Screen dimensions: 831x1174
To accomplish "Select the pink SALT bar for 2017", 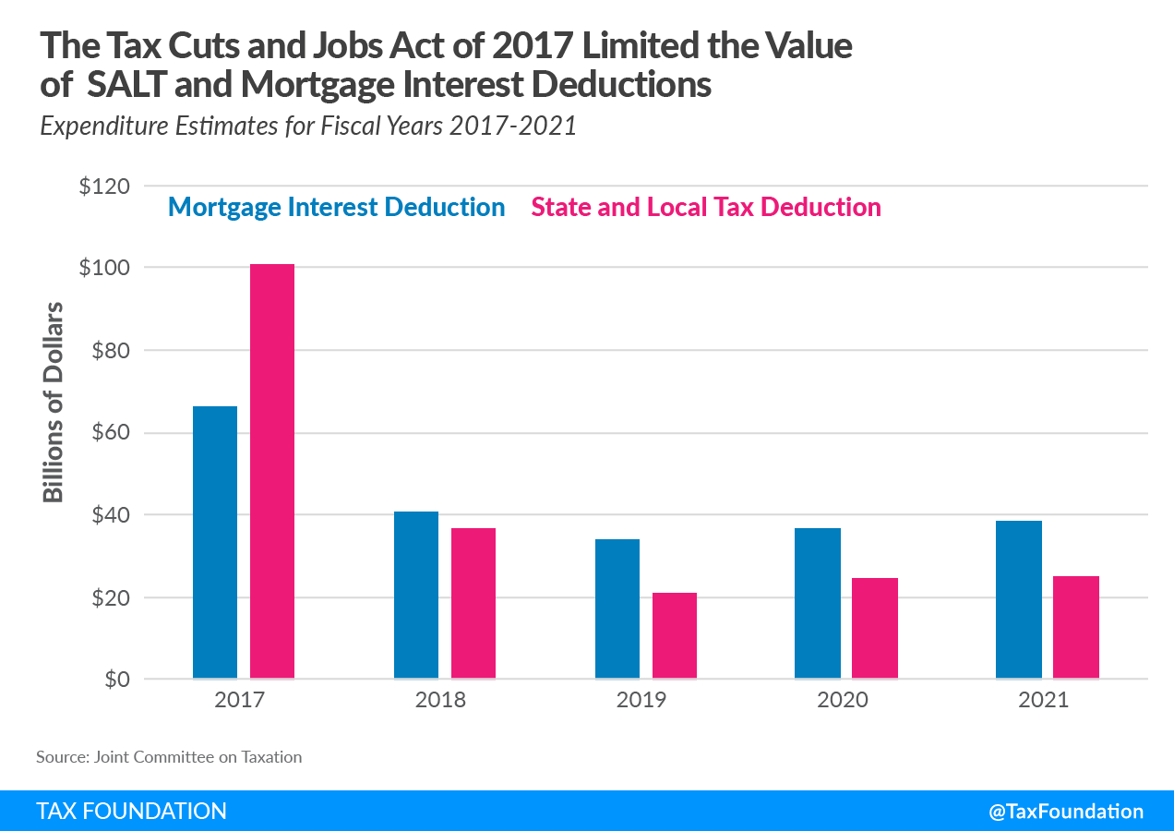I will coord(272,472).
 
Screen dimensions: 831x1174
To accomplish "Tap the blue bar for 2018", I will coord(416,596).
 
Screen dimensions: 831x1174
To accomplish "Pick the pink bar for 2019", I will coord(675,636).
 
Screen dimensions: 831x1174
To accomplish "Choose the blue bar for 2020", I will coord(818,604).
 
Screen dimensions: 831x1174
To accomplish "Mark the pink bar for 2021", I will coord(1076,628).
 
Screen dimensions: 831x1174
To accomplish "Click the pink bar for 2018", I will coord(473,604).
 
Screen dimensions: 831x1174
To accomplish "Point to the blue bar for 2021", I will coord(1019,600).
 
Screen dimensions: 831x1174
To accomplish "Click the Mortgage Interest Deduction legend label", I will coord(336,207).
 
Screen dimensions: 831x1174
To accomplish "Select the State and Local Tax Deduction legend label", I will coord(706,207).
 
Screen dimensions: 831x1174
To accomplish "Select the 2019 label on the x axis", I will coord(641,700).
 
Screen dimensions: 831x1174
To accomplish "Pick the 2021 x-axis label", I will coord(1043,700).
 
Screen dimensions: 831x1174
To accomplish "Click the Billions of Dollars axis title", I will coord(54,402).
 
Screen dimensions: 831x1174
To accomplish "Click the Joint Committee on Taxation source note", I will coord(169,757).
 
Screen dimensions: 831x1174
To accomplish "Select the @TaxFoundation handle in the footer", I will coord(1066,812).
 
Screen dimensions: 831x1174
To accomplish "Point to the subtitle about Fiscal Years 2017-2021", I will coord(308,126).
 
